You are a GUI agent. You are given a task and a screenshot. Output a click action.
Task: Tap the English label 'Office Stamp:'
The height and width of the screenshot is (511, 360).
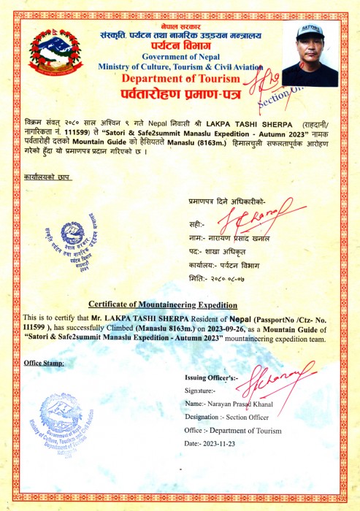tap(44, 363)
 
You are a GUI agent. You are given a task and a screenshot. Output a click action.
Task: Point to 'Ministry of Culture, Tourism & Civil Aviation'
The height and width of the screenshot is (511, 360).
tap(180, 67)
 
